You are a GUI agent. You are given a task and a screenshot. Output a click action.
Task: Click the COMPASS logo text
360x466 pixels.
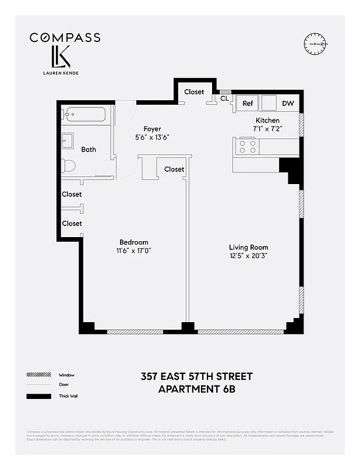[65, 38]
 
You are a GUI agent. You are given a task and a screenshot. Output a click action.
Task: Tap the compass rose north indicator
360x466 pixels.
[316, 44]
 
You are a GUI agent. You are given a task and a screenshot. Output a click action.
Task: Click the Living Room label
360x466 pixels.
[248, 248]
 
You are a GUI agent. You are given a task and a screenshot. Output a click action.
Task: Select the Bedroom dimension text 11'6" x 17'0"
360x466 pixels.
[134, 251]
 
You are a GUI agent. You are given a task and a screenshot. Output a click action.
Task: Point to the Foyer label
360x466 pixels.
[152, 129]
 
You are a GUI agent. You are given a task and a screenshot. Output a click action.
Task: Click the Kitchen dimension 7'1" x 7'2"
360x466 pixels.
[267, 129]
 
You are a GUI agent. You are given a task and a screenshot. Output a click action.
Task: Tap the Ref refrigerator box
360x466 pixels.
[248, 104]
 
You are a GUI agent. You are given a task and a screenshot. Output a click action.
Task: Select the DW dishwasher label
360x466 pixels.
[288, 104]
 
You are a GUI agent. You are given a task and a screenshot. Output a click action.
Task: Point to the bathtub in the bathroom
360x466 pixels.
[84, 114]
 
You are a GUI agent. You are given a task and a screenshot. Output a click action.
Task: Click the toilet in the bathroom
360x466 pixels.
[69, 165]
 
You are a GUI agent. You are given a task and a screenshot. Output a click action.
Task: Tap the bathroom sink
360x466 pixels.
[68, 141]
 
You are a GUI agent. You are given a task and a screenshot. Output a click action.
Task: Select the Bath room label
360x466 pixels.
[89, 150]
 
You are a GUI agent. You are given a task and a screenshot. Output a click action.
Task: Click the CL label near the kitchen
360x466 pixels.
[224, 98]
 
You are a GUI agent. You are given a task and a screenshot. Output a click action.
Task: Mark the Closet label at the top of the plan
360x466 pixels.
[194, 92]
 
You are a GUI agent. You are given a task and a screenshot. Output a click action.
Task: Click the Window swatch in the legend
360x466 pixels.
[37, 375]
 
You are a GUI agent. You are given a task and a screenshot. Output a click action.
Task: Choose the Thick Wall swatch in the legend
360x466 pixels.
[37, 396]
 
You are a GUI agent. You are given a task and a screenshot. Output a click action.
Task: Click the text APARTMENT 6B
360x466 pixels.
[197, 389]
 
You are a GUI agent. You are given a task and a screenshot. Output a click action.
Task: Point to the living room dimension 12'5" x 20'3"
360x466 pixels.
[248, 256]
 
